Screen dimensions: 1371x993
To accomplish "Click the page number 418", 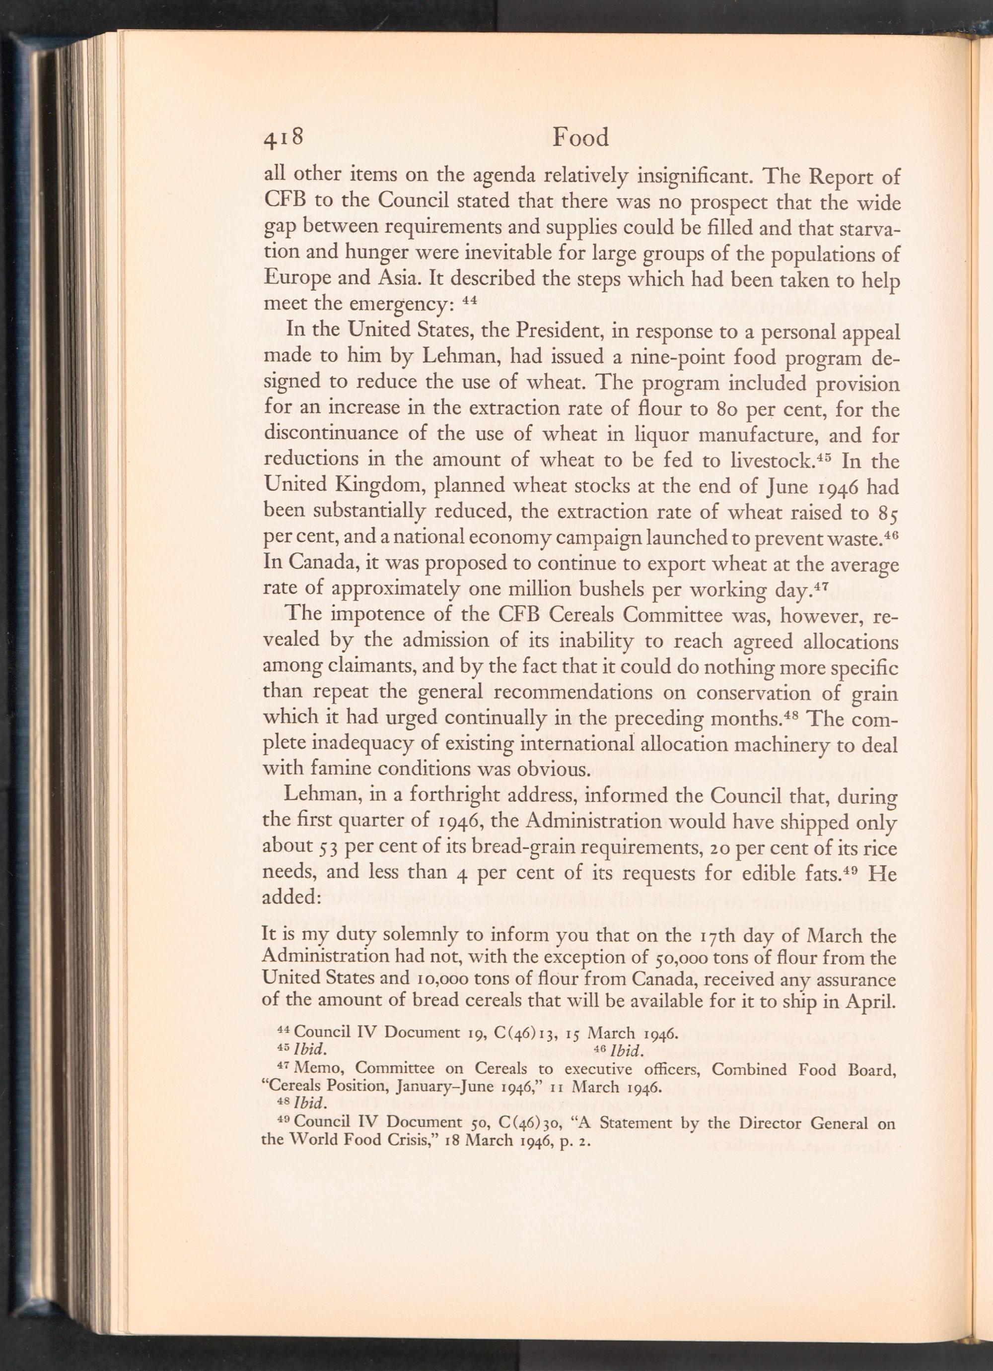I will coord(283,138).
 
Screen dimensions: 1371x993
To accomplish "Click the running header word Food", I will coord(580,138).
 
